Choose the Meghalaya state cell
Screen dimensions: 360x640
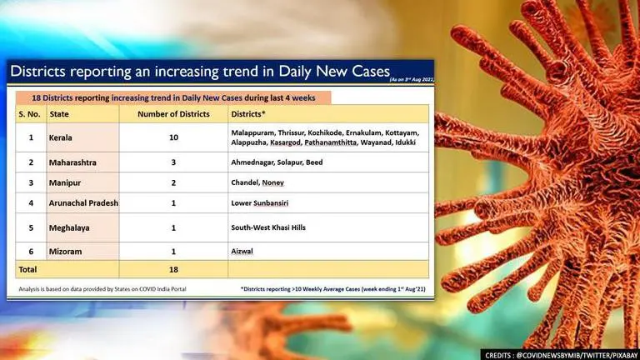[69, 227]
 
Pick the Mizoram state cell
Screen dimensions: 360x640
[65, 250]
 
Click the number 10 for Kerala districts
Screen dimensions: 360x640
[172, 137]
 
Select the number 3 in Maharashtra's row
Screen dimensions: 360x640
[172, 162]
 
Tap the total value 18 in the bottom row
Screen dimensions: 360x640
[172, 269]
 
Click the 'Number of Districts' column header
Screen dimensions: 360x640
[172, 114]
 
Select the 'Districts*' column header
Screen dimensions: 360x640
[250, 114]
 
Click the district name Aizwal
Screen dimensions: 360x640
[244, 250]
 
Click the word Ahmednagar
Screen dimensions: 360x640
[257, 162]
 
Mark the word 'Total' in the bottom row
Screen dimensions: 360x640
[27, 269]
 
